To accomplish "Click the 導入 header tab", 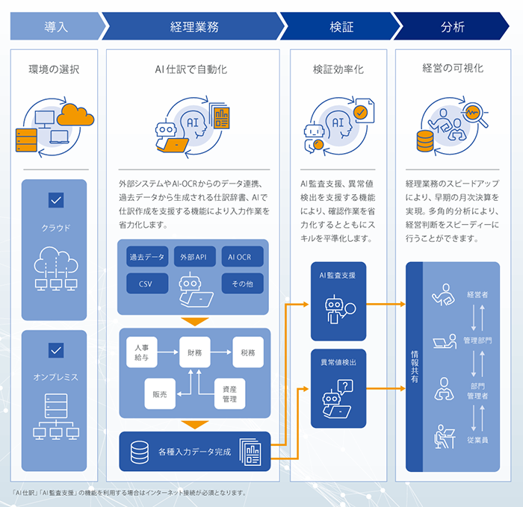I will pos(56,27).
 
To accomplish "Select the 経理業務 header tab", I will pos(194,27).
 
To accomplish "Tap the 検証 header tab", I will pos(341,27).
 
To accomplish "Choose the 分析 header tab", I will pos(452,27).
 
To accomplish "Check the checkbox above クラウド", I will pos(55,200).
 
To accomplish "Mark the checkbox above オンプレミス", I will pos(55,349).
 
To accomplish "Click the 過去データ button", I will pos(146,258).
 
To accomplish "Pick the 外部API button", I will pos(195,258).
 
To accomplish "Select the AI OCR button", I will pos(242,258).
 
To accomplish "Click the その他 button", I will pos(242,284).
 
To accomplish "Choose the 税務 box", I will pos(247,351).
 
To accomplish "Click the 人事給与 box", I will pos(142,351).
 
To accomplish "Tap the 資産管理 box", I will pos(229,394).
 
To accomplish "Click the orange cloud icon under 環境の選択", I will pos(75,115).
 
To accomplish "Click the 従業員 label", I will pos(478,440).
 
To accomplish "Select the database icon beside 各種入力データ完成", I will pos(139,452).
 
